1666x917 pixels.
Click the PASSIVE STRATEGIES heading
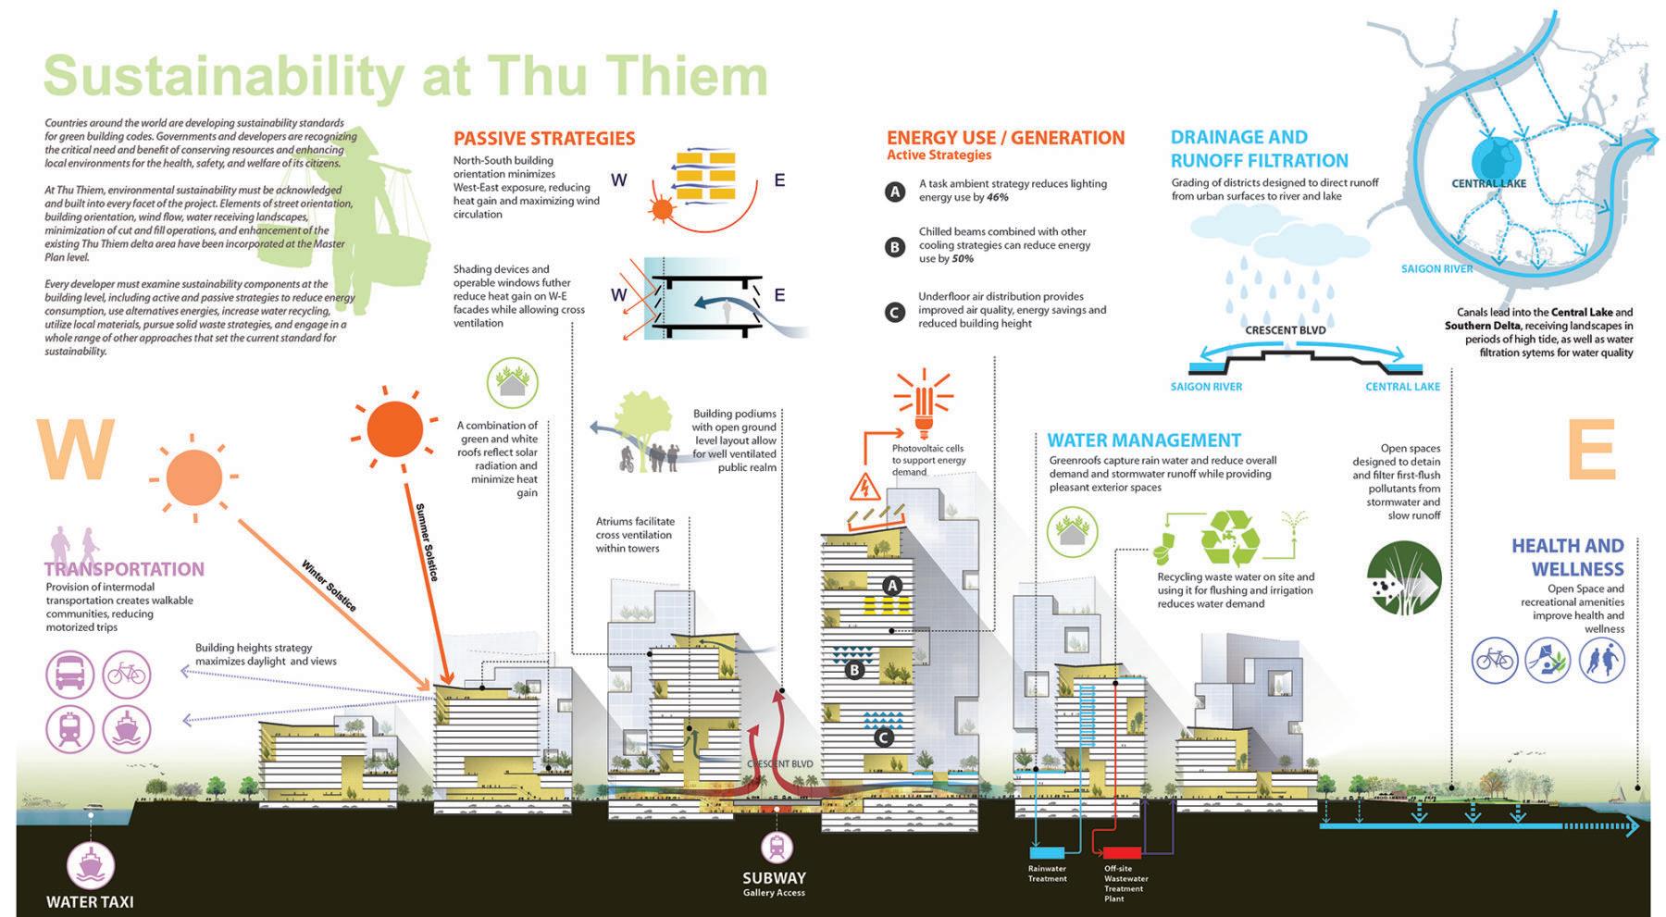(x=543, y=139)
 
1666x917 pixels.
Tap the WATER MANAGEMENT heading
(x=1144, y=440)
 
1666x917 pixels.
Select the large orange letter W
(x=76, y=451)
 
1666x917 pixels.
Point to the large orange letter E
(x=1591, y=451)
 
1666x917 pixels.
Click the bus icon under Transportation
(x=70, y=674)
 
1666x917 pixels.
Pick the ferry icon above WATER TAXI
(x=90, y=865)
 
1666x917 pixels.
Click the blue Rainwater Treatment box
(x=1047, y=852)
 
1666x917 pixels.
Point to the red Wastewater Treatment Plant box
(x=1122, y=852)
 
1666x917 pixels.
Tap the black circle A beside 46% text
(x=894, y=192)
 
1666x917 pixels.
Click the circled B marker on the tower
(x=854, y=670)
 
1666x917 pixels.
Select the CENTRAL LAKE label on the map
(x=1488, y=183)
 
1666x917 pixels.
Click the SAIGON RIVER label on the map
(x=1436, y=268)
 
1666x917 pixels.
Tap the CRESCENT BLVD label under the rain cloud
(x=1285, y=330)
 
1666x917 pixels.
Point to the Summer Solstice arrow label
(x=427, y=541)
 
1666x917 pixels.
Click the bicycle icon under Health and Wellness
(x=1495, y=661)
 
